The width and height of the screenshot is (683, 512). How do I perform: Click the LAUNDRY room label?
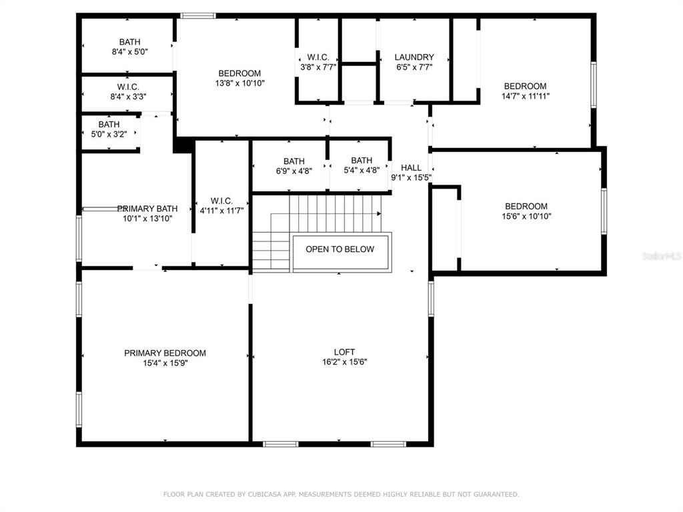click(x=414, y=57)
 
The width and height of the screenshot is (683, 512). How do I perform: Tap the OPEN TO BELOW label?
click(x=339, y=249)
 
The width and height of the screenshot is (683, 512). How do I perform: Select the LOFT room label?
click(x=344, y=352)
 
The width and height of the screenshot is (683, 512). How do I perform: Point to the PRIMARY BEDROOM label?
click(x=165, y=353)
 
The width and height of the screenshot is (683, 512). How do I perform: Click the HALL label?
click(x=411, y=167)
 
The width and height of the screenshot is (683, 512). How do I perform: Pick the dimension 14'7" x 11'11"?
click(x=526, y=96)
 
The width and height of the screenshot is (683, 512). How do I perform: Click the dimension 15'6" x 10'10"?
click(x=527, y=217)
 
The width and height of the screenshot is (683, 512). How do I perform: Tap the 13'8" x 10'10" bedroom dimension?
click(x=240, y=83)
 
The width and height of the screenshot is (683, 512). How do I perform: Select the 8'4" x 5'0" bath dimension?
click(x=130, y=52)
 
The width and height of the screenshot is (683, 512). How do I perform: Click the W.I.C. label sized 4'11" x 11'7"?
click(x=221, y=201)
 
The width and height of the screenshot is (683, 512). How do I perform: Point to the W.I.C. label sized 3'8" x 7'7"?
click(x=318, y=57)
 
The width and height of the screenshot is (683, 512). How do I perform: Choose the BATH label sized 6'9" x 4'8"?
click(x=294, y=161)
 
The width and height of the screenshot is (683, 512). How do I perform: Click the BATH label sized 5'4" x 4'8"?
click(x=362, y=160)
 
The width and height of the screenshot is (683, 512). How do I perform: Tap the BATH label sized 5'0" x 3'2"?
click(x=109, y=125)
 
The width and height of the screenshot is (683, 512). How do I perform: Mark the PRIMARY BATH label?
click(x=147, y=209)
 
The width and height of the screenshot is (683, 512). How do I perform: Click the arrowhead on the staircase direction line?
click(x=379, y=214)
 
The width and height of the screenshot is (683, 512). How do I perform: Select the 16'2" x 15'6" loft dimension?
click(x=345, y=362)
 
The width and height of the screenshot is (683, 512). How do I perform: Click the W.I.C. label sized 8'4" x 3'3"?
click(x=128, y=87)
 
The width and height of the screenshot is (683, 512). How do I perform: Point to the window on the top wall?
click(x=198, y=16)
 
